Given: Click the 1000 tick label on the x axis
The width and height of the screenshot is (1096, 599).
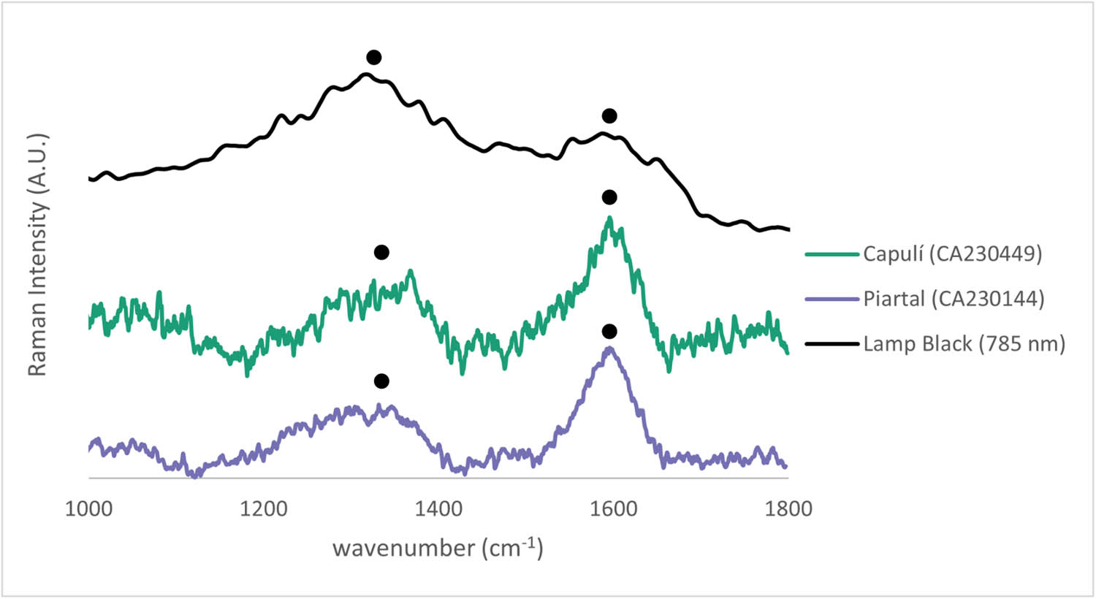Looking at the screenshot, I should tap(89, 508).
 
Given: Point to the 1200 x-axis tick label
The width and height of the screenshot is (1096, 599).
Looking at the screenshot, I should tap(263, 508).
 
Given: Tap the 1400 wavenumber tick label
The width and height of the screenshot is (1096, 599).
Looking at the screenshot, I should tap(438, 508).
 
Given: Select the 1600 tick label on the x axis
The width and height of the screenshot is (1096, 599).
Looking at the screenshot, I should tap(612, 508).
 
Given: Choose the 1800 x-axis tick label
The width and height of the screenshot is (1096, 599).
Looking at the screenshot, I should tap(787, 508).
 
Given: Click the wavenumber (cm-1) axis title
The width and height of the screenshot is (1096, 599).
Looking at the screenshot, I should tap(438, 547).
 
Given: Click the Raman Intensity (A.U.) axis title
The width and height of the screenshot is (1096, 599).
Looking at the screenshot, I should tap(37, 254).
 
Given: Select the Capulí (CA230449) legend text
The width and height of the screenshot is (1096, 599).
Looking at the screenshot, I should tap(952, 253).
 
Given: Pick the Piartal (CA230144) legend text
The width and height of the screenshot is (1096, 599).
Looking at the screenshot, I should tap(954, 299).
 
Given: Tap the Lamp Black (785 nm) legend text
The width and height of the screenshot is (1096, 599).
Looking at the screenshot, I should tap(964, 343).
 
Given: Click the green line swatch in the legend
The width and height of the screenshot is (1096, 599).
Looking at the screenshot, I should tap(831, 254).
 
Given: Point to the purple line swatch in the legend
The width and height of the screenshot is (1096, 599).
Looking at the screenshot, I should tap(831, 299).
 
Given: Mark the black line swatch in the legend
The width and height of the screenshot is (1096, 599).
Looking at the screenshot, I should tap(831, 343).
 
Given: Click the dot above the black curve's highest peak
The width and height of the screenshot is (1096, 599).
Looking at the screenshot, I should tap(374, 58).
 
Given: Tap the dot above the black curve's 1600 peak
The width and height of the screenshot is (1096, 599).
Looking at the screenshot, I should tap(609, 116).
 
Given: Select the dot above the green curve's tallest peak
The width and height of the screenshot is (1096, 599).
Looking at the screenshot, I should tap(609, 198).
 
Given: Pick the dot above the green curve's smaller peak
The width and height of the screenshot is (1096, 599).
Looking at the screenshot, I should tap(381, 253).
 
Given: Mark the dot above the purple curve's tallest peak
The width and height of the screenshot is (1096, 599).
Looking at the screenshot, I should tap(609, 332).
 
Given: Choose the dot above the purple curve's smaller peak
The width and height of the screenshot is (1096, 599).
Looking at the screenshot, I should tap(381, 381).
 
